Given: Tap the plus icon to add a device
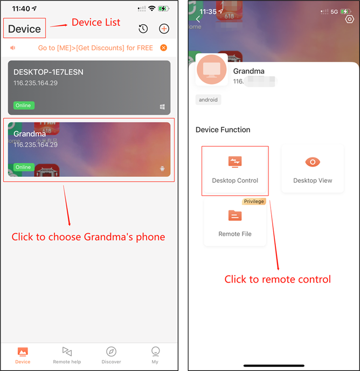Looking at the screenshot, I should (x=164, y=29).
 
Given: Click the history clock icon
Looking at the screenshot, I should (x=143, y=29).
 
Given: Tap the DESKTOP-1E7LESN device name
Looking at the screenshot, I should (x=49, y=72).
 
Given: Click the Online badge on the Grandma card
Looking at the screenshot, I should (x=23, y=167).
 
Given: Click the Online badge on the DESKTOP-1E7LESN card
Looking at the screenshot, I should (x=23, y=105).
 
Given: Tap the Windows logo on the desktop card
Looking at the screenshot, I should (x=162, y=107).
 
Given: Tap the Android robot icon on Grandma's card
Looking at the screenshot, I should (x=162, y=169).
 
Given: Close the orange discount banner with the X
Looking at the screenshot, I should (x=163, y=48).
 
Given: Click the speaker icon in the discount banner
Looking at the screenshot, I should (x=12, y=48).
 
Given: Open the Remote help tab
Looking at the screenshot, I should (x=67, y=354).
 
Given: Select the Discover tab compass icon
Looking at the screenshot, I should (x=111, y=351).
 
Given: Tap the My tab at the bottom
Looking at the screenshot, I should (x=155, y=354).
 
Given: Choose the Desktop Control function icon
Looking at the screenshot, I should (x=235, y=162).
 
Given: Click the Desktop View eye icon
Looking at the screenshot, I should (x=313, y=162).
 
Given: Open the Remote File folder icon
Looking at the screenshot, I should (x=235, y=216).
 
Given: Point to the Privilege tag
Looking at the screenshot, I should (x=254, y=201).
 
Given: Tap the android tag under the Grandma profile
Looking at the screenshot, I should (x=209, y=100).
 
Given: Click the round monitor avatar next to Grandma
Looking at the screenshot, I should (x=212, y=69).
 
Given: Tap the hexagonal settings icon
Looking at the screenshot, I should (x=349, y=19).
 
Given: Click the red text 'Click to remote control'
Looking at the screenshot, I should (x=278, y=279).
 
